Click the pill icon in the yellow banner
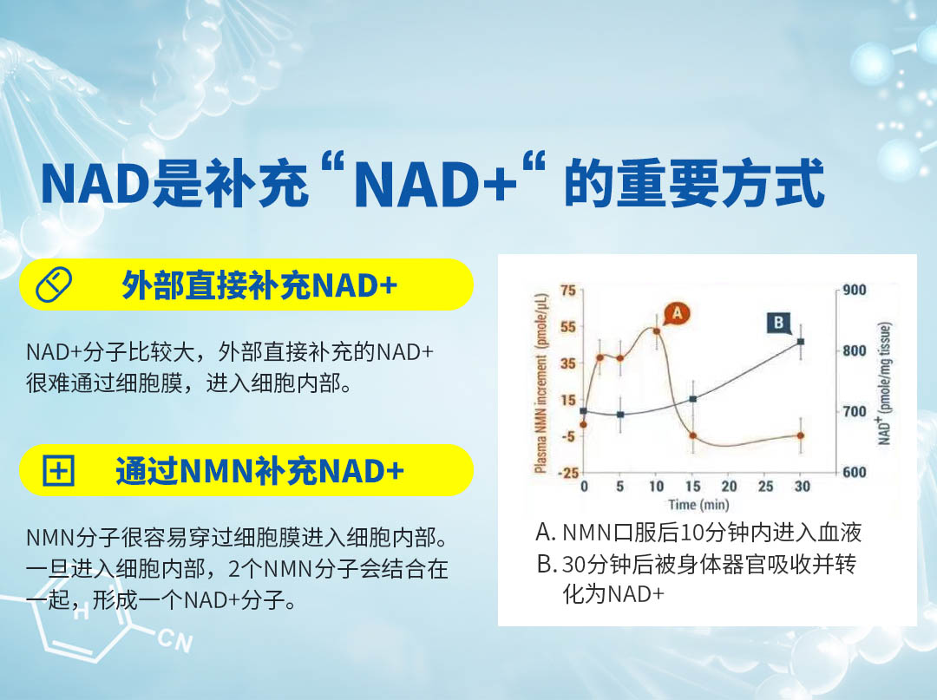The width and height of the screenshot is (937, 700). (54, 285)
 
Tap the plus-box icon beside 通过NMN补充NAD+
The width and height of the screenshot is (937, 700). (59, 471)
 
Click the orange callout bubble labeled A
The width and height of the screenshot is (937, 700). (677, 313)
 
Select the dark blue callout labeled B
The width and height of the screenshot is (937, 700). (778, 324)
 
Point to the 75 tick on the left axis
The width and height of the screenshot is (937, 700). (567, 291)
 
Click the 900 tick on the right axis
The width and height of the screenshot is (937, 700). (855, 291)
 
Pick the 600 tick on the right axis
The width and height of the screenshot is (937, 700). (855, 473)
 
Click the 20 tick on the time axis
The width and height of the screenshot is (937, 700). (729, 487)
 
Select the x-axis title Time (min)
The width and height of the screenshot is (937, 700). (698, 506)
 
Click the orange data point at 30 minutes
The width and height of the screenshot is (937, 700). (801, 435)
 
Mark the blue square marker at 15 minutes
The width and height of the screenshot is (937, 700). (692, 398)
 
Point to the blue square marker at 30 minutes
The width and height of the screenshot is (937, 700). (801, 342)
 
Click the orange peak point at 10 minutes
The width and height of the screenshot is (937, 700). (656, 330)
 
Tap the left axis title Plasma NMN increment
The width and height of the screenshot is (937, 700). (541, 383)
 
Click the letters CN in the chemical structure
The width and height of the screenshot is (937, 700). (175, 641)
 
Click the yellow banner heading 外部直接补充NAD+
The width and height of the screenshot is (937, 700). (259, 285)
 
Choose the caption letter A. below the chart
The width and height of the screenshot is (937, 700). (547, 533)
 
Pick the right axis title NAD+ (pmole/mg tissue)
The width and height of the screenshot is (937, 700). (885, 383)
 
